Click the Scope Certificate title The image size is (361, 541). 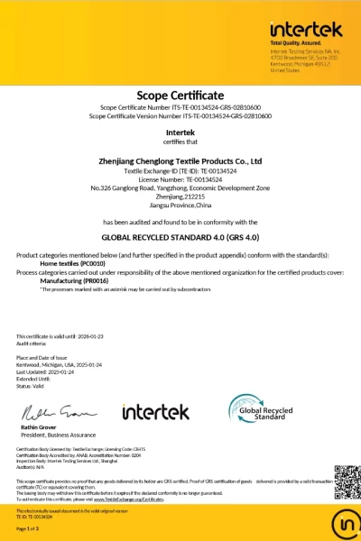coord(180,94)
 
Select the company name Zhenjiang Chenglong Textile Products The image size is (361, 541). coord(180,161)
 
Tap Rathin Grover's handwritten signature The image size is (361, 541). coord(55,413)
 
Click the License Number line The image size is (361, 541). coord(180,179)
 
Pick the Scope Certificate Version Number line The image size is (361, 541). coord(180,116)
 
